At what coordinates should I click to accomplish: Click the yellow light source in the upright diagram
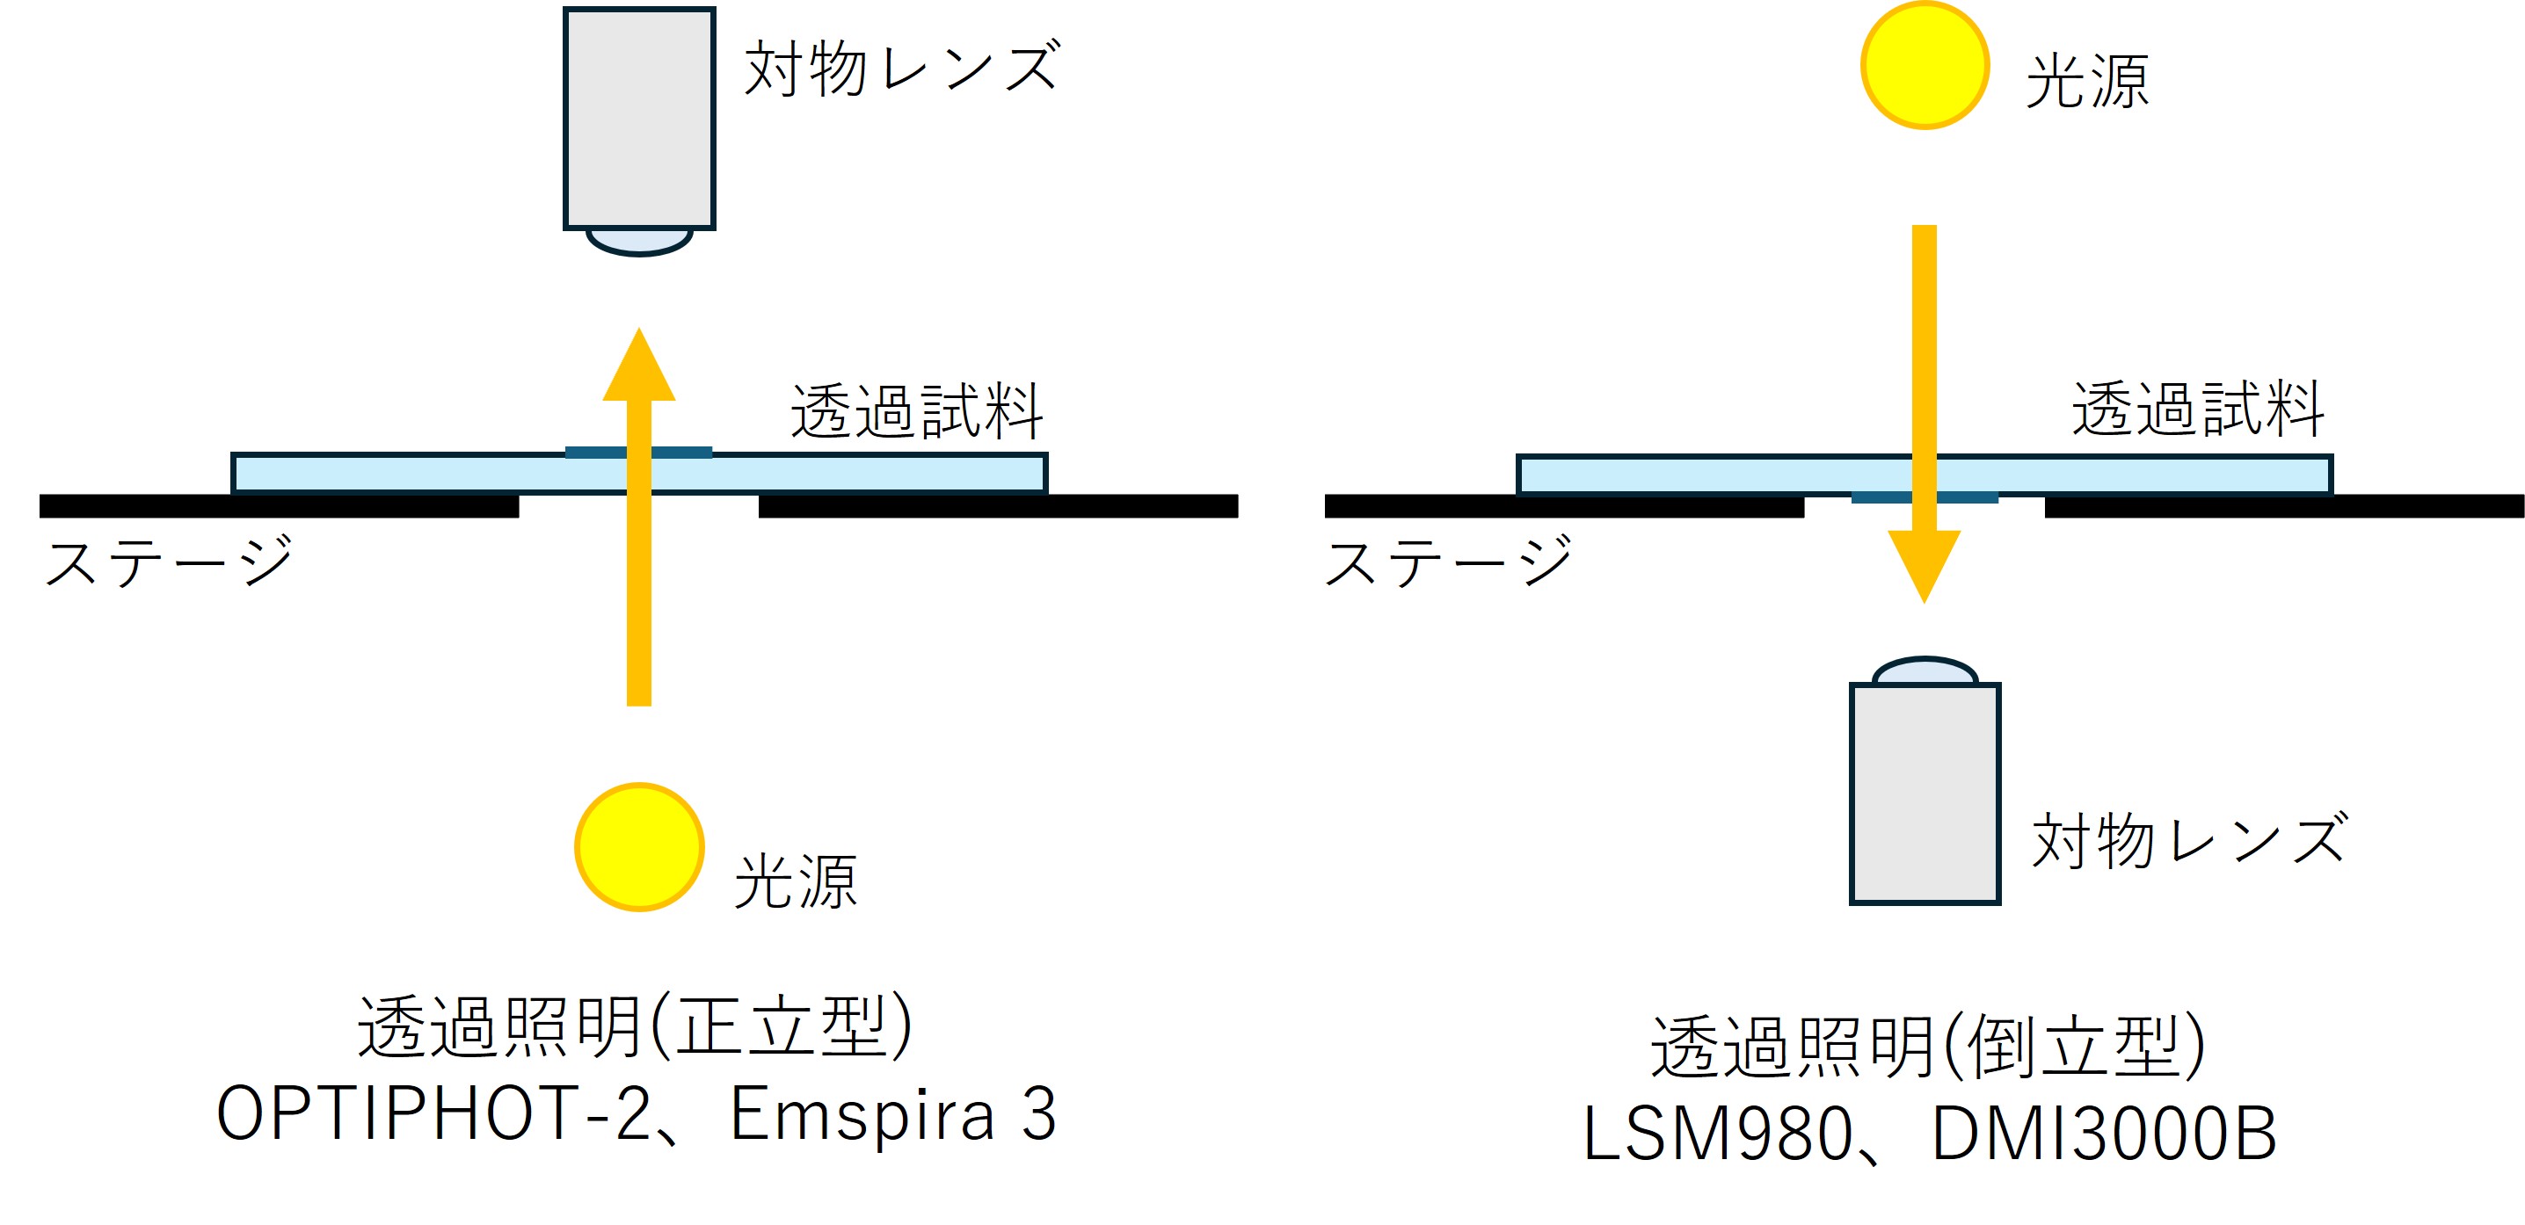coord(639,847)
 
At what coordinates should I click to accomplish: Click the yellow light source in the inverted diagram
coord(1925,66)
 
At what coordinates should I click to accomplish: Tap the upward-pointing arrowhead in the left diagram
coord(639,367)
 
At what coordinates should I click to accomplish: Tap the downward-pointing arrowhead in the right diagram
coord(1925,563)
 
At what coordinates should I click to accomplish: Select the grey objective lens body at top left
coord(639,118)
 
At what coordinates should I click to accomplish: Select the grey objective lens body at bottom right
coord(1925,793)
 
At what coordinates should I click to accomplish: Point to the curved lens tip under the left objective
coord(639,241)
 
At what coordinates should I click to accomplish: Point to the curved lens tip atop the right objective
coord(1925,672)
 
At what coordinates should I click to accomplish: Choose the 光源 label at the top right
coord(2087,82)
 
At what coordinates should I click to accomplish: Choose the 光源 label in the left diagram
coord(795,882)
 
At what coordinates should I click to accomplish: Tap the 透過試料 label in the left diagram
coord(916,411)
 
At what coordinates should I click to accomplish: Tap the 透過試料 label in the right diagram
coord(2198,409)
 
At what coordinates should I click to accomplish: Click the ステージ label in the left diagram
coord(169,562)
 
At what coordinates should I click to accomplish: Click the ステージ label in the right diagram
coord(1448,562)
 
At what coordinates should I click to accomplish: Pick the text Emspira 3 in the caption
coord(893,1114)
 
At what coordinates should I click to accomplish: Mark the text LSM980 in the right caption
coord(1716,1134)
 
